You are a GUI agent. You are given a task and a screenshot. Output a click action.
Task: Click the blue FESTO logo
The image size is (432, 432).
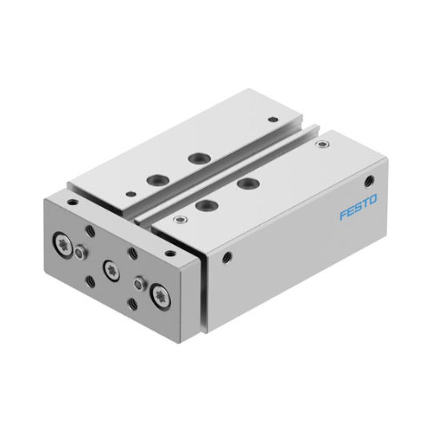358,208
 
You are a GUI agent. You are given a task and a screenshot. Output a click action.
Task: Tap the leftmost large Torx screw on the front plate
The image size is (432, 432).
62,244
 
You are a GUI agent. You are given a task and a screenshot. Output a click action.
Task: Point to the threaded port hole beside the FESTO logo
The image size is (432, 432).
368,181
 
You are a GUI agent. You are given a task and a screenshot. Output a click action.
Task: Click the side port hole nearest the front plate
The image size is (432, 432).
227,258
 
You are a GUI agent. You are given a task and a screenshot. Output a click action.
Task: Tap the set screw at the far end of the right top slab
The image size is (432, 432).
321,144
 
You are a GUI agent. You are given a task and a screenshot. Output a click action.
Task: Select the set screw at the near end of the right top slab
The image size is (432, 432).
181,219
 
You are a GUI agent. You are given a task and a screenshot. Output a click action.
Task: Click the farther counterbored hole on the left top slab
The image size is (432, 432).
200,159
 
